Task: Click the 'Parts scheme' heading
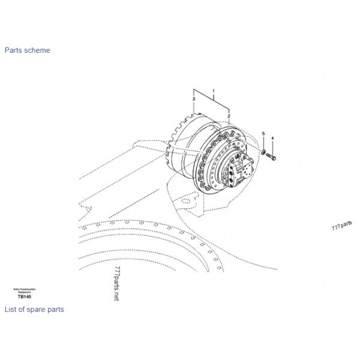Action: pyautogui.click(x=27, y=50)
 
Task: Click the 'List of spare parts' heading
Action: pyautogui.click(x=34, y=310)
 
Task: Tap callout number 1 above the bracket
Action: pyautogui.click(x=213, y=89)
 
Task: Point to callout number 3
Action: pyautogui.click(x=194, y=98)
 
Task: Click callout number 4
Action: pyautogui.click(x=272, y=139)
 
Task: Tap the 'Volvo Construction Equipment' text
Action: pyautogui.click(x=25, y=290)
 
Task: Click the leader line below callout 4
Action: pyautogui.click(x=272, y=148)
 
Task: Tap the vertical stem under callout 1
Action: pyautogui.click(x=213, y=95)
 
